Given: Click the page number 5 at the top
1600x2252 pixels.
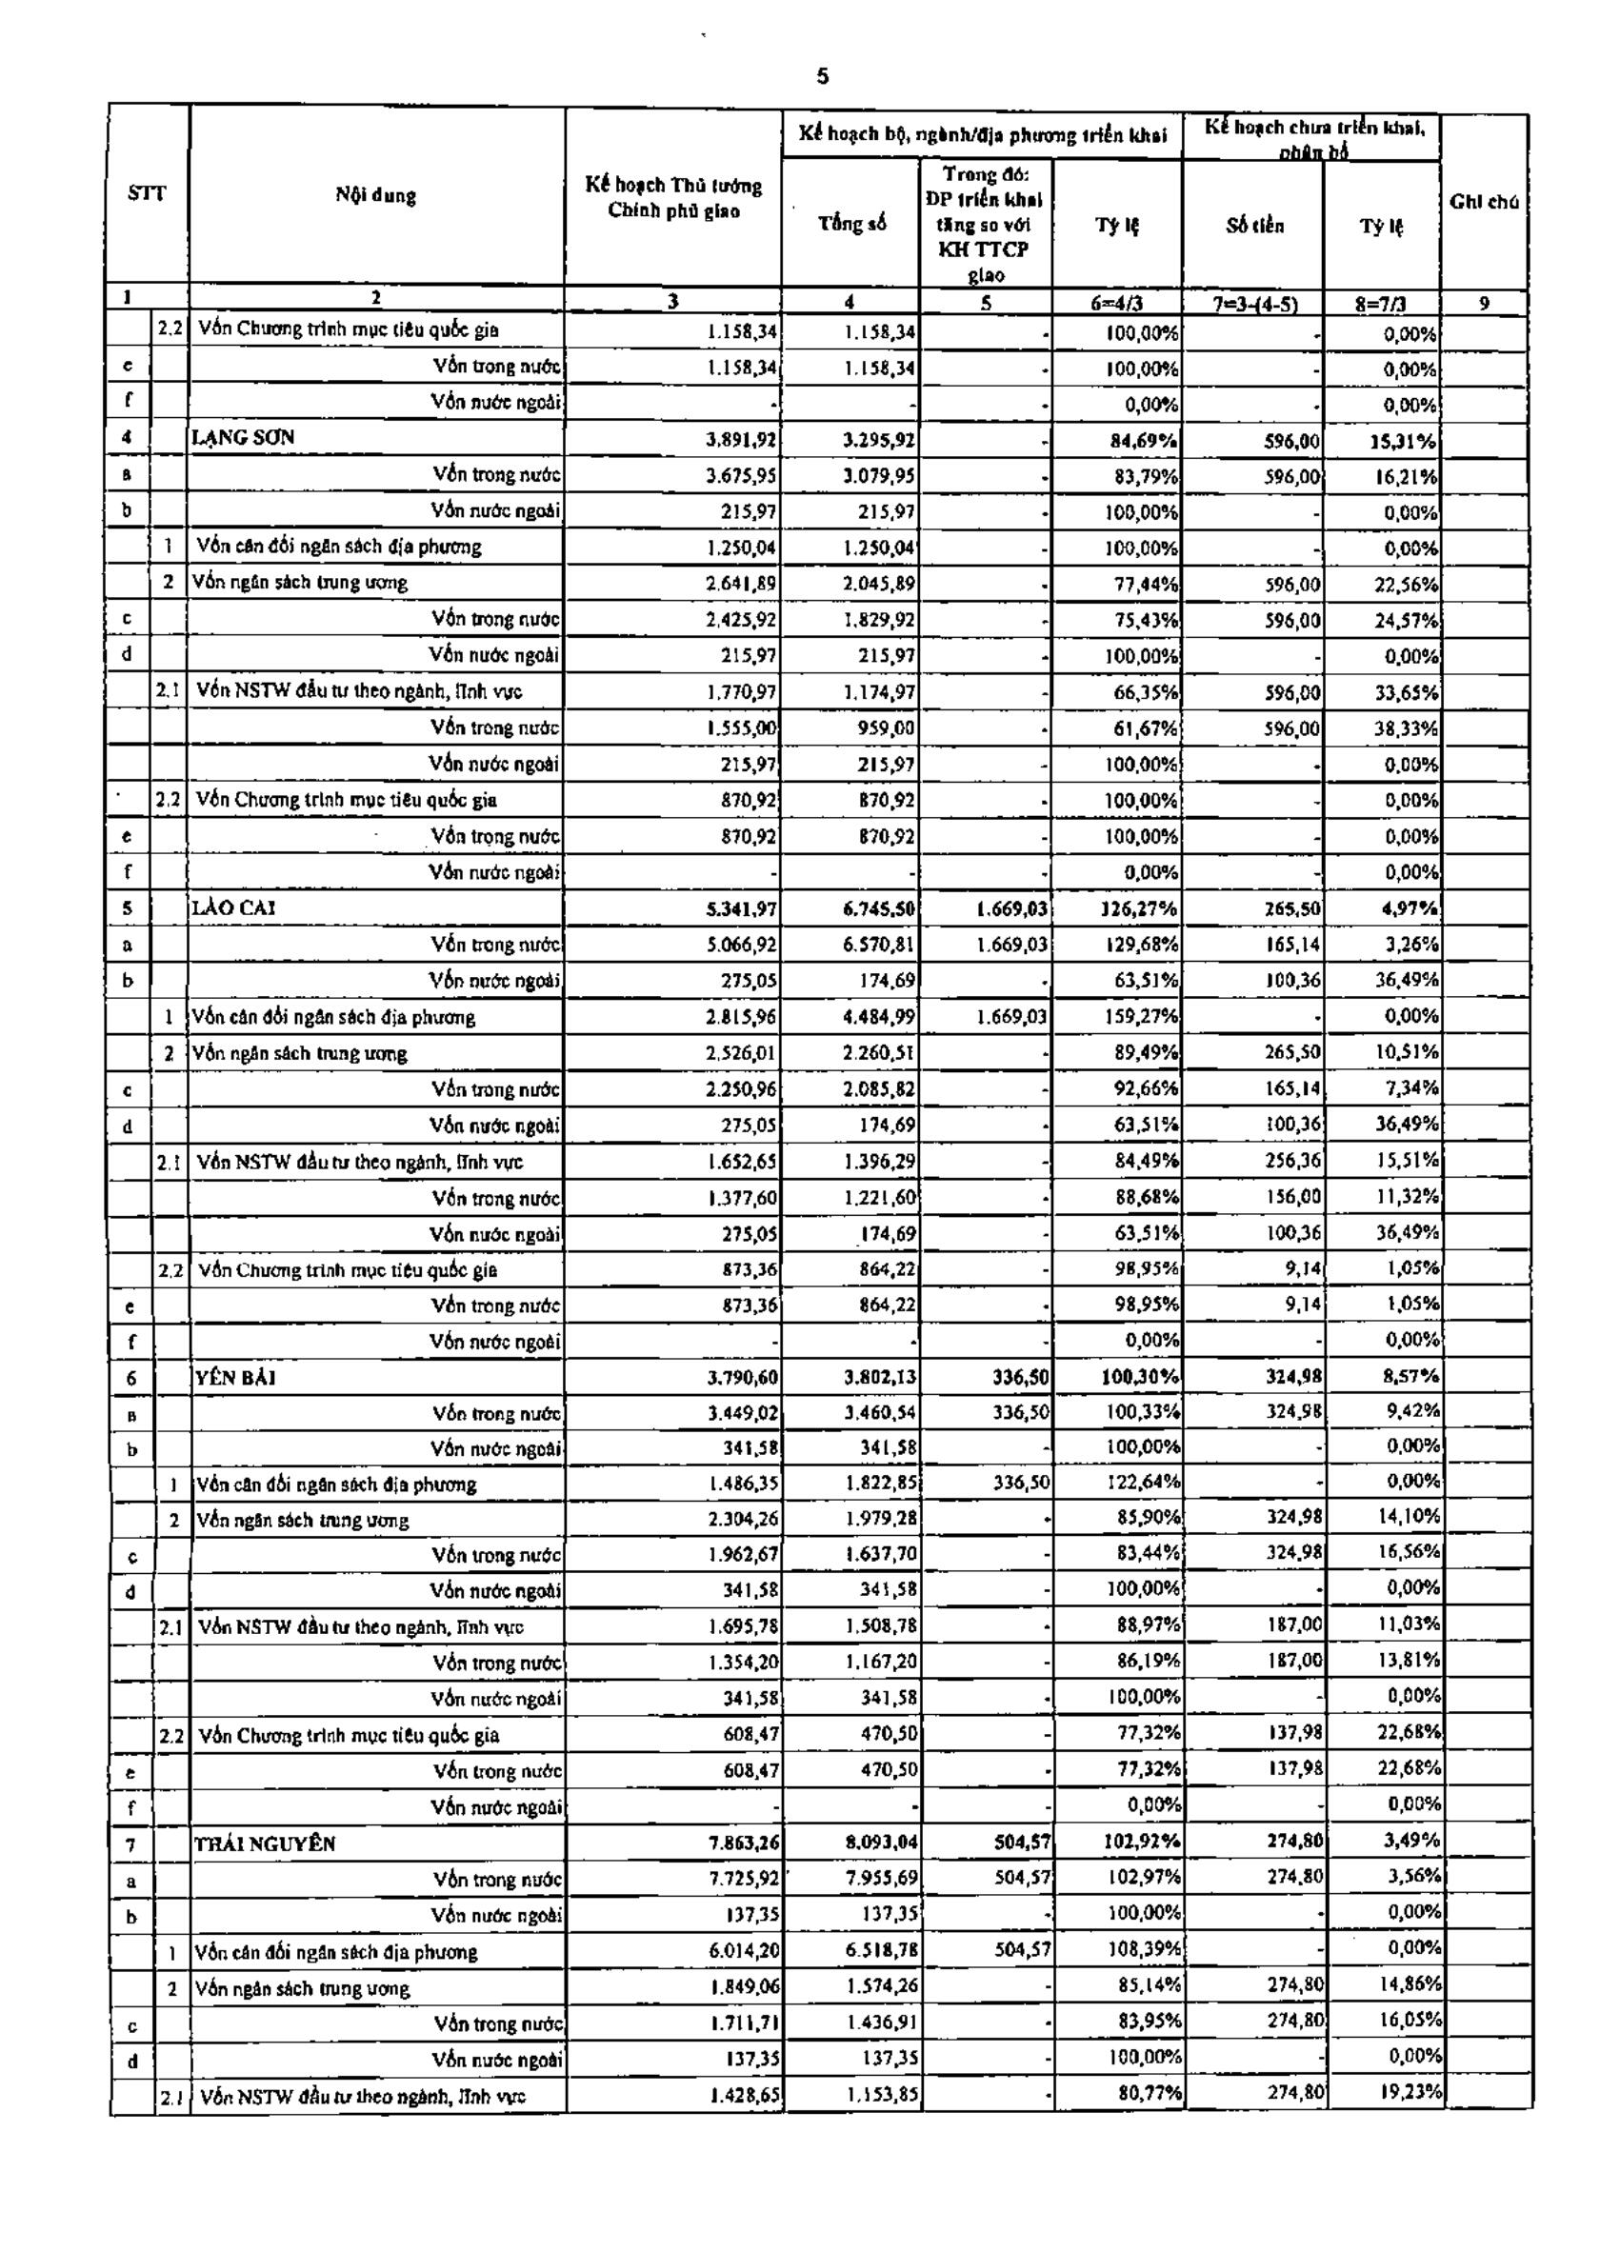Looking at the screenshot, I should (x=823, y=77).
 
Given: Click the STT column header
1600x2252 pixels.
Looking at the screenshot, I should (x=147, y=194).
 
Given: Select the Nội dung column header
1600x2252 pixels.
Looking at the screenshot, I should (x=375, y=195).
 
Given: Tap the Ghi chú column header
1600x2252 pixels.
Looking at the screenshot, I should (x=1484, y=202).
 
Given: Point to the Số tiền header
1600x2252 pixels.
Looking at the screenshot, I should (x=1254, y=226).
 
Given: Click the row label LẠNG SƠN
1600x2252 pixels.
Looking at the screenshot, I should (x=245, y=437).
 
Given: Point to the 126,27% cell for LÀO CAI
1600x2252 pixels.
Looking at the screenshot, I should (x=1141, y=908).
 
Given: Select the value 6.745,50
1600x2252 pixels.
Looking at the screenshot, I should (x=880, y=908).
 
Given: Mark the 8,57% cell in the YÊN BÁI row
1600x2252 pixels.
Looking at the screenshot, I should (x=1410, y=1376).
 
